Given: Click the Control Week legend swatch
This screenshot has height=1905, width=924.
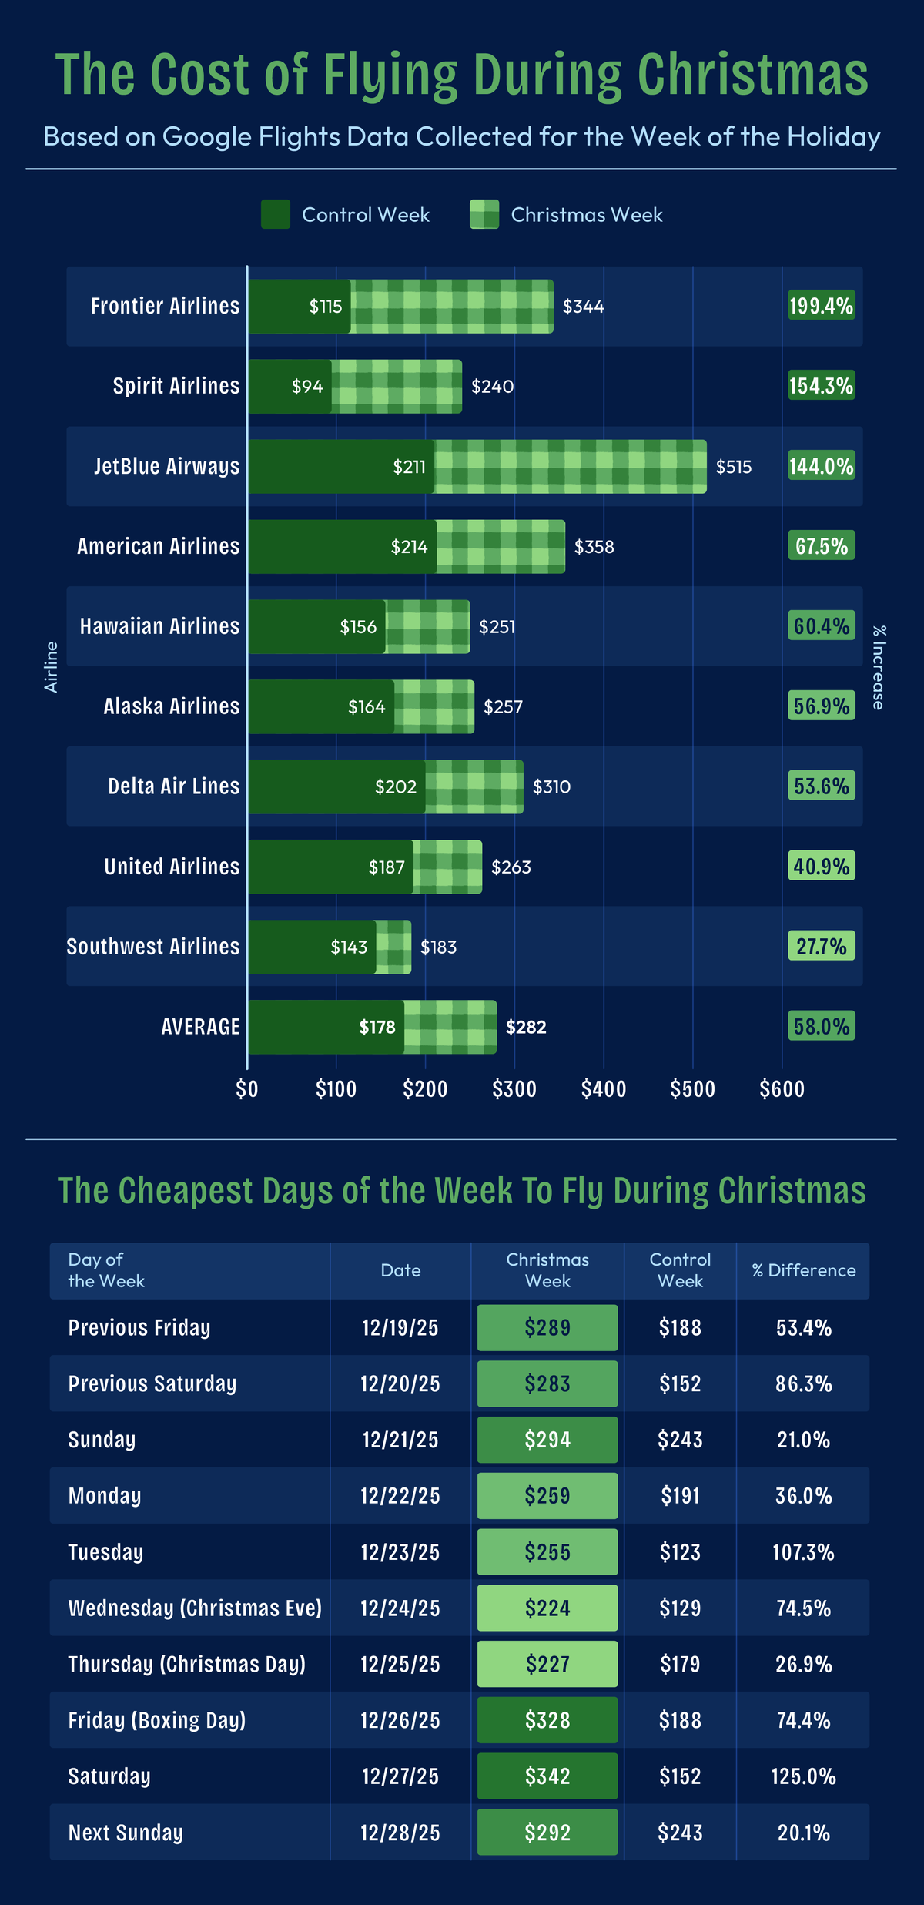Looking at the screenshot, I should (x=276, y=214).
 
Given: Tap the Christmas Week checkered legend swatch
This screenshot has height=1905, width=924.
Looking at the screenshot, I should (x=484, y=214).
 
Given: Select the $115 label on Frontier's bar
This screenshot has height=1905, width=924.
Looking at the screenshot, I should (x=326, y=307).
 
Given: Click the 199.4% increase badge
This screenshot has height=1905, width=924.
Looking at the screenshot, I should (x=821, y=307).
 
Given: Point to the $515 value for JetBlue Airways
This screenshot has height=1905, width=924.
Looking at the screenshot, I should (x=734, y=467).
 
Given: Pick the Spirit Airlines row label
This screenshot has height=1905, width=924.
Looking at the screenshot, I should (x=176, y=386).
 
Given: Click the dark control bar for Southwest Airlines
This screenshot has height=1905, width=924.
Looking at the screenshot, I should (x=311, y=947).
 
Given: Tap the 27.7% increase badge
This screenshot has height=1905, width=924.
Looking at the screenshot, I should (x=821, y=947).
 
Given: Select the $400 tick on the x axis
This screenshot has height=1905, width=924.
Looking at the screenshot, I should (x=604, y=1089).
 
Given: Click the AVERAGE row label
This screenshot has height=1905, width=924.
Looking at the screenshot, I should (x=200, y=1027).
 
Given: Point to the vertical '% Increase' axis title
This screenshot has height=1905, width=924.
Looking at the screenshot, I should (x=879, y=667).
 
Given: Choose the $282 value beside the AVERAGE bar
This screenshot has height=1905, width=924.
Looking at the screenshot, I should (x=526, y=1027).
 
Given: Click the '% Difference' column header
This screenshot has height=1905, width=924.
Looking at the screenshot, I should (x=804, y=1270).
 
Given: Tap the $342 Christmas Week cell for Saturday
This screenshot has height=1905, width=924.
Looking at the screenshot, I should (x=547, y=1776).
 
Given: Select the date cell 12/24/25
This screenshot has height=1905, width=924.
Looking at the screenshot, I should (x=400, y=1608).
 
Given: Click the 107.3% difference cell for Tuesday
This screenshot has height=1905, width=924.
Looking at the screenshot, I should (x=804, y=1552).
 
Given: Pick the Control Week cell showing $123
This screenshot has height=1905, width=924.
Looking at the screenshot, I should (x=680, y=1552).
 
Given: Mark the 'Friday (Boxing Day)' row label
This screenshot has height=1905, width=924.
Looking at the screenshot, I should (x=157, y=1720).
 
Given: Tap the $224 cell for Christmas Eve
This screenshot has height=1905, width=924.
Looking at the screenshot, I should (x=547, y=1608).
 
